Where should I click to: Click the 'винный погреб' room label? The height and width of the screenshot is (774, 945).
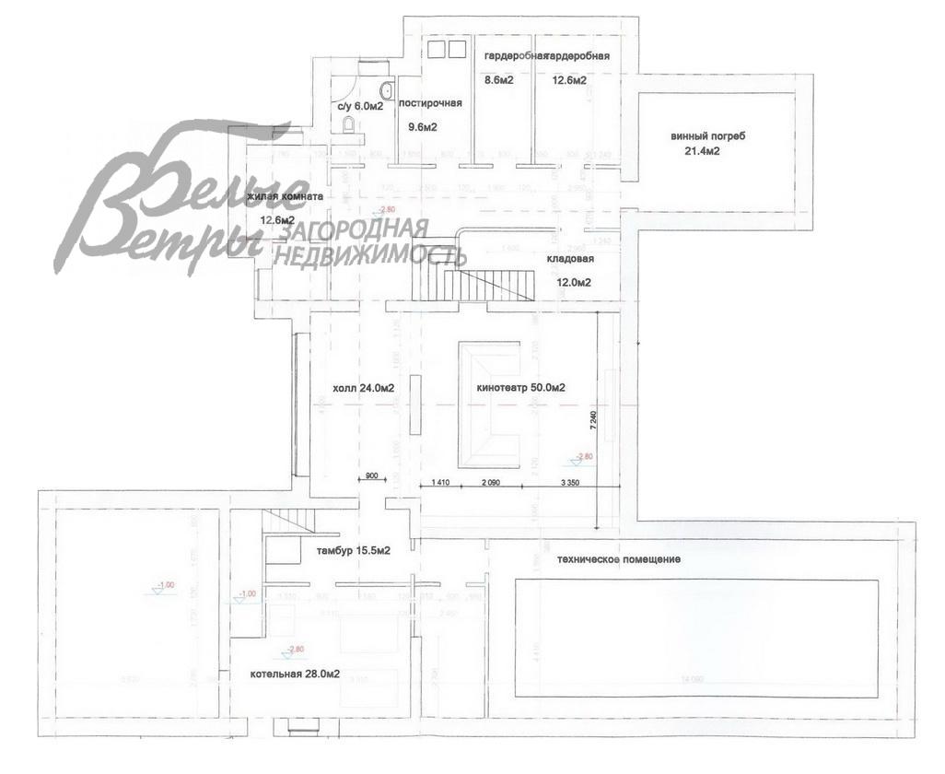[x=708, y=136]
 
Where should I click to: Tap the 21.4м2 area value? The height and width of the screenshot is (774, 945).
[x=702, y=152]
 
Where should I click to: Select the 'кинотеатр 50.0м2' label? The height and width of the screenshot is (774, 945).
[x=520, y=388]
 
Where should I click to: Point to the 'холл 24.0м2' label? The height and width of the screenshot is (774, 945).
[x=364, y=388]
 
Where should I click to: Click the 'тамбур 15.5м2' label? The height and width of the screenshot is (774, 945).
[x=354, y=551]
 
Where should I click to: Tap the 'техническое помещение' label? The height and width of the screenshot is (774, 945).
[x=619, y=559]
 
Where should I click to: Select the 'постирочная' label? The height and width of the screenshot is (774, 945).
[x=430, y=104]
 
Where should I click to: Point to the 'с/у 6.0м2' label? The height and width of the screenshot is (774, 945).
[x=360, y=106]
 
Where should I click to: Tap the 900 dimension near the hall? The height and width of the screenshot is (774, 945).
[x=372, y=475]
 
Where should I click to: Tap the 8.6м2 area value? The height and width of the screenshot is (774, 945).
[x=498, y=80]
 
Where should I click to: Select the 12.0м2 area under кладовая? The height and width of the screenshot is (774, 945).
[x=573, y=283]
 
